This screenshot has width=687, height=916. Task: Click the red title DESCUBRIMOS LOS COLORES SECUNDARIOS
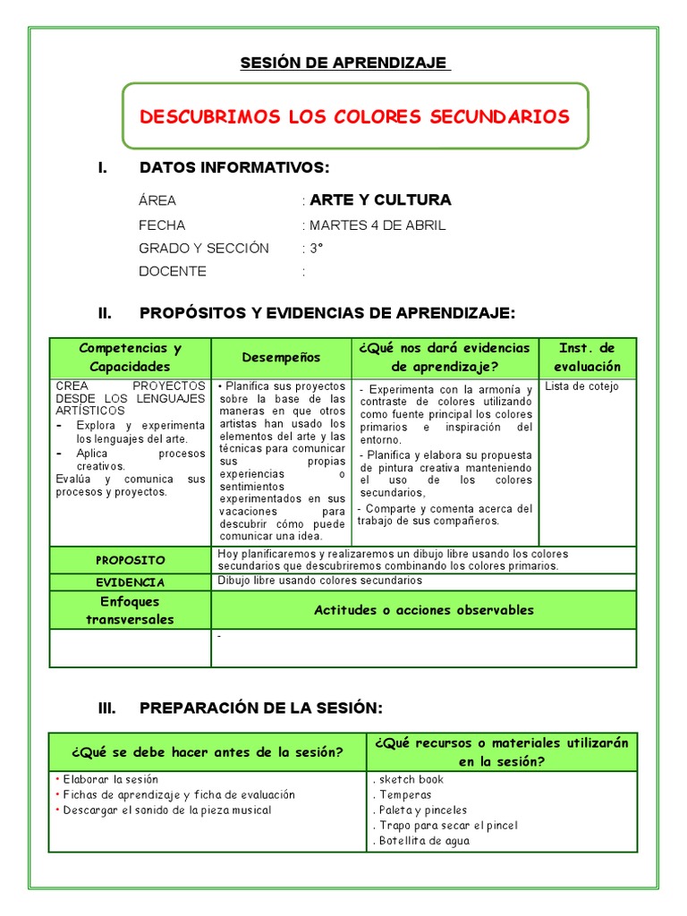[354, 116]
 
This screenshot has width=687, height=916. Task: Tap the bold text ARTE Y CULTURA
[380, 199]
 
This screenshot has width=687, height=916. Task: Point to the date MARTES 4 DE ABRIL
[377, 225]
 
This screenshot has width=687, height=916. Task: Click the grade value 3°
[316, 248]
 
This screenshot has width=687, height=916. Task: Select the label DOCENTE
[173, 271]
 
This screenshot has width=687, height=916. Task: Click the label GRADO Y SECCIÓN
[204, 248]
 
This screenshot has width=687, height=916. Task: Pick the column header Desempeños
[281, 357]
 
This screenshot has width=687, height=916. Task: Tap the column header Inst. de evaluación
[587, 357]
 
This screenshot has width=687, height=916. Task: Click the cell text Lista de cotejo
[581, 386]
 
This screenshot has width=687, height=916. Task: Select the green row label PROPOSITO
[131, 560]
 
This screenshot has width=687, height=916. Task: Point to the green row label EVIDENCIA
[131, 581]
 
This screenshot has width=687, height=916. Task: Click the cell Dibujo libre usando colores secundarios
[319, 581]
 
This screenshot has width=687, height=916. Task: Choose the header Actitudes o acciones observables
[424, 610]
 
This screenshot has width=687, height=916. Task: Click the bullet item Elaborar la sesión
[110, 779]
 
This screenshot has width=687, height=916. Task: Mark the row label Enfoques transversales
[131, 610]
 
